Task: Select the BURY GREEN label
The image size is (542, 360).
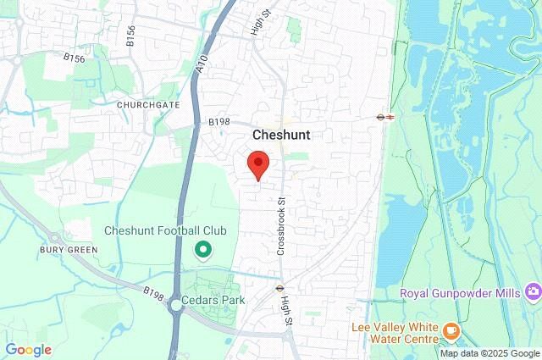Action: tap(68, 250)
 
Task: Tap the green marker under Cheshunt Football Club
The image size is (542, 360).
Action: tap(203, 250)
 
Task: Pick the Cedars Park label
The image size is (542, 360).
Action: tap(212, 300)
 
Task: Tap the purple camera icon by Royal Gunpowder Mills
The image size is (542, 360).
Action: tap(533, 293)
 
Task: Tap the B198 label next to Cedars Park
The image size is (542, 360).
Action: tap(153, 292)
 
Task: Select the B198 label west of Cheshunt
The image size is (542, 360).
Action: tap(219, 122)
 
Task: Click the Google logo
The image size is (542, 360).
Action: tap(28, 349)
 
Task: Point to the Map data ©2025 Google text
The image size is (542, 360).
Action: tap(489, 353)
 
